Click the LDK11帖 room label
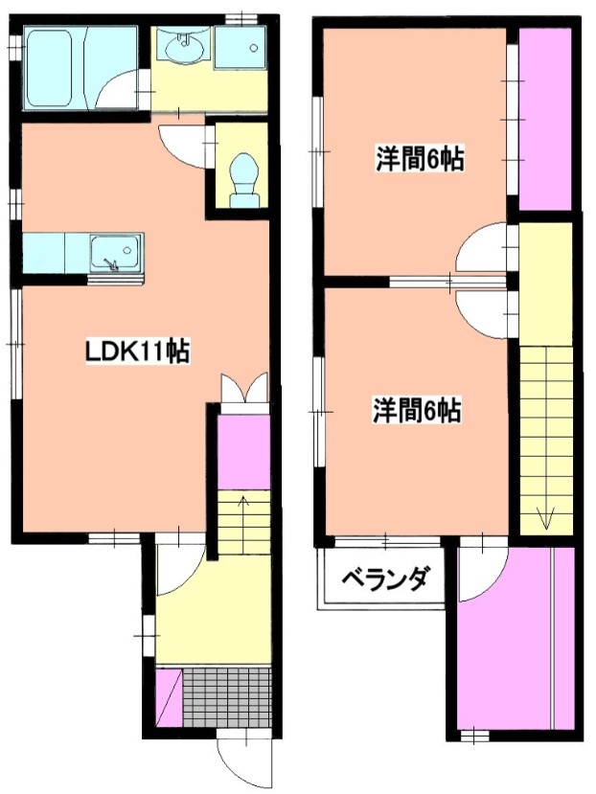point(136,351)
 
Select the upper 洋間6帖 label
point(419,160)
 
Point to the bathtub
point(55,69)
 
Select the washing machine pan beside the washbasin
point(240,48)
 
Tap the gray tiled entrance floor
point(227,697)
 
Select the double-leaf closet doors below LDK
point(244,391)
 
